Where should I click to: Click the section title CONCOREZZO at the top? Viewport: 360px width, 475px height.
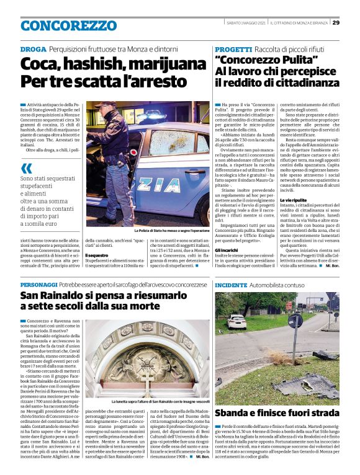pos(60,25)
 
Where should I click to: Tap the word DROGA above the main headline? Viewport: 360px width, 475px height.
pos(33,48)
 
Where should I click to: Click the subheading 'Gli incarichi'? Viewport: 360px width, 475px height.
pos(226,249)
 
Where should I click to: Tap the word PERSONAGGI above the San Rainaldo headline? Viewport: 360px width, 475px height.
pos(40,283)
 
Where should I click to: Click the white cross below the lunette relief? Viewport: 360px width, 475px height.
pos(147,376)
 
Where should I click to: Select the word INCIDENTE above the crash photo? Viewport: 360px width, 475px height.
pos(231,283)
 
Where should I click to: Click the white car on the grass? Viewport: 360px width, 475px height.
pos(236,321)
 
